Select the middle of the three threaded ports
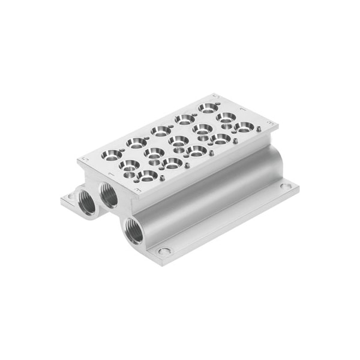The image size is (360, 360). [109, 194]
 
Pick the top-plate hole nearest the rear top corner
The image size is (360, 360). [208, 109]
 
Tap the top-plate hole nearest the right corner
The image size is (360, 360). [244, 127]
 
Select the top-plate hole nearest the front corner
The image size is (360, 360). [147, 175]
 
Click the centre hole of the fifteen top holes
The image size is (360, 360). [178, 141]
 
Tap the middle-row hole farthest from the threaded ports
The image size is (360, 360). [226, 118]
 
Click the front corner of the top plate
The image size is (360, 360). [140, 196]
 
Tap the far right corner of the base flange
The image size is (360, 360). [299, 187]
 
